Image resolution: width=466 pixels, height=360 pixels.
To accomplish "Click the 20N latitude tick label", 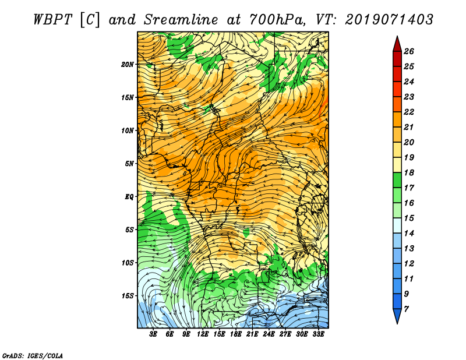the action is [x=127, y=65].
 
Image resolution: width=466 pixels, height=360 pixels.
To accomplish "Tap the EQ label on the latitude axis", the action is [x=129, y=197].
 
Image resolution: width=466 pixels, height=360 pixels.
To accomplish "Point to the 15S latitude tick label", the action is [x=127, y=296].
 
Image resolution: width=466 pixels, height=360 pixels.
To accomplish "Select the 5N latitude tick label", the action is [x=129, y=164].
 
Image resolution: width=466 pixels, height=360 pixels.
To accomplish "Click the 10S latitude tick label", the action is [x=127, y=263].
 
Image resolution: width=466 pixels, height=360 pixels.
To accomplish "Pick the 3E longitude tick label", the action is [x=153, y=334].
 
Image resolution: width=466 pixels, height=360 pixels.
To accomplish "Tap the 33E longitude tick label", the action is [x=318, y=334].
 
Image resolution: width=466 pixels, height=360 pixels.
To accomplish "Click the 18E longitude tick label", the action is [x=236, y=334].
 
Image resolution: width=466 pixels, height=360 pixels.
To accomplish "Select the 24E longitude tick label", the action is [x=269, y=334].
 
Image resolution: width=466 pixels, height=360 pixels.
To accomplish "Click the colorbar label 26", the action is [x=409, y=51].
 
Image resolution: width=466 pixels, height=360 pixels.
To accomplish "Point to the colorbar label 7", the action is [x=406, y=309].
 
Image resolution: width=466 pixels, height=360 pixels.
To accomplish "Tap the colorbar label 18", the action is [x=409, y=172].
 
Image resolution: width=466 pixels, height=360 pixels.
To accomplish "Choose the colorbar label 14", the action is [x=409, y=234].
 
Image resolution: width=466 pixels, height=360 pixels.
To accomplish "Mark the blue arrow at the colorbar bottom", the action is [x=397, y=315].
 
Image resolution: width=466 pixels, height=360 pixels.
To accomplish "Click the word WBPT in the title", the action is [x=52, y=20].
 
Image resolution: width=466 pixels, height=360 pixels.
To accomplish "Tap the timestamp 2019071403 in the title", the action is [x=389, y=20].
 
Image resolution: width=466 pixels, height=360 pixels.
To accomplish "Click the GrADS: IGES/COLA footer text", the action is [x=33, y=356].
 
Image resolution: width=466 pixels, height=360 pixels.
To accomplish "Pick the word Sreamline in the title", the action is [x=181, y=20].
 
